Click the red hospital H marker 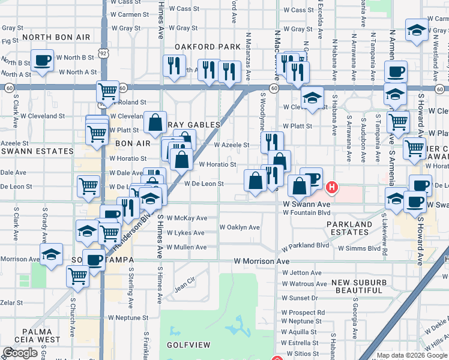[x=331, y=188]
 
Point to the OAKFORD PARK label [x=207, y=46]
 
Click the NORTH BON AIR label [x=55, y=37]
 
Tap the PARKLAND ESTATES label [x=349, y=228]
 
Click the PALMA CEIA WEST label [x=41, y=335]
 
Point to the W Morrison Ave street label [x=262, y=262]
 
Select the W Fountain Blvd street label [x=307, y=212]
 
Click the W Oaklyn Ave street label [x=240, y=227]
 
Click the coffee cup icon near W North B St [x=42, y=61]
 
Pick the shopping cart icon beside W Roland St [x=107, y=91]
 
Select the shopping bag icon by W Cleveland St [x=155, y=122]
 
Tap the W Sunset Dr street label [x=300, y=298]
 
